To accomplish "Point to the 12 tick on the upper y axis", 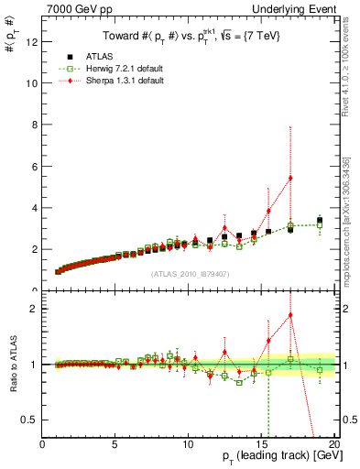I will (x=32, y=40).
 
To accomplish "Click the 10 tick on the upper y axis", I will (x=32, y=82).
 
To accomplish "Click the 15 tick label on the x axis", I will (x=261, y=444).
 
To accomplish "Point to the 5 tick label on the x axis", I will (x=115, y=444).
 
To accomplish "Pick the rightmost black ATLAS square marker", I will (x=320, y=220).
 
